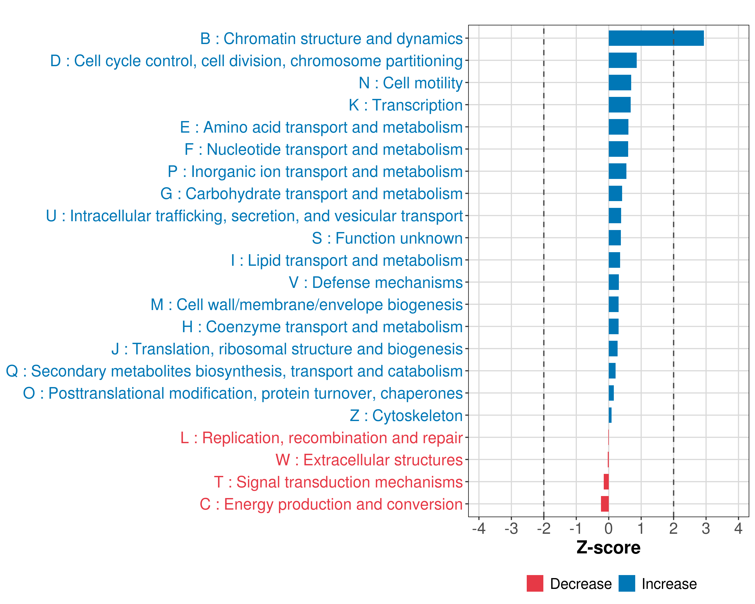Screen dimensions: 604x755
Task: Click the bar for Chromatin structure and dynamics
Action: [x=656, y=38]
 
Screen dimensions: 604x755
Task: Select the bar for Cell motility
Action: [x=620, y=83]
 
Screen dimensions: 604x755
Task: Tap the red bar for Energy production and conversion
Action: [x=605, y=504]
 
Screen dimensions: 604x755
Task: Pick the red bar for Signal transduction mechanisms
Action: [x=606, y=482]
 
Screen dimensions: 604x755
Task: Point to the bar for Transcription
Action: [x=620, y=105]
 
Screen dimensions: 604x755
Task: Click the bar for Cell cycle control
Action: [x=623, y=60]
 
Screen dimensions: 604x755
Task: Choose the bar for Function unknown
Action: [x=615, y=238]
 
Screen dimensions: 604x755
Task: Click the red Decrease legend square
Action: [x=535, y=583]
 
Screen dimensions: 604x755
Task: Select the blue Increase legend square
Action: [x=626, y=583]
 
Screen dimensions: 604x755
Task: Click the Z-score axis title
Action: [x=608, y=547]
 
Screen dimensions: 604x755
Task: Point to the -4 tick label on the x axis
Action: [x=479, y=528]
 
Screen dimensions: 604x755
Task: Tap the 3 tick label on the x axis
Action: [x=706, y=528]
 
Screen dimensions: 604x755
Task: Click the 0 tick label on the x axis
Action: [x=609, y=528]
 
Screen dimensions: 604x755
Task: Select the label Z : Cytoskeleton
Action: [x=406, y=416]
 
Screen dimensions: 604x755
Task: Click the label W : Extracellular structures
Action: [x=369, y=460]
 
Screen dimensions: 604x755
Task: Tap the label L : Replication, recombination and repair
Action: [x=321, y=438]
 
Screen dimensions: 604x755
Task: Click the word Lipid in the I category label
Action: [x=265, y=260]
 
